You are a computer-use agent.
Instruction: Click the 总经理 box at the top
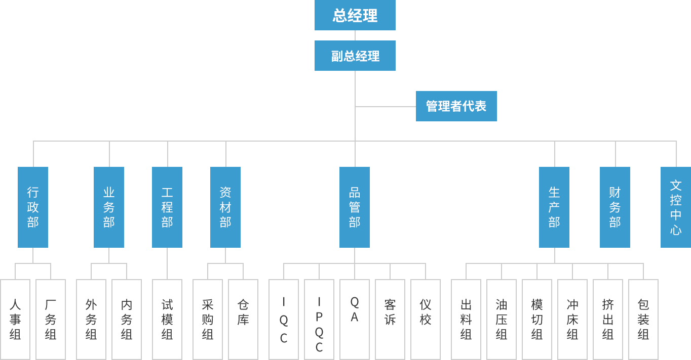click(355, 15)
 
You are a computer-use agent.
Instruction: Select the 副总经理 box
click(355, 56)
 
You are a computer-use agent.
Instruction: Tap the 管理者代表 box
click(456, 106)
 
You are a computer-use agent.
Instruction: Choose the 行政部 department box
click(32, 207)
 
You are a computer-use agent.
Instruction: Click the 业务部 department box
click(108, 207)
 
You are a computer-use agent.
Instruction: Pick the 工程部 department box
click(167, 207)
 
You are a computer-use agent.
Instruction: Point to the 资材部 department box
click(225, 207)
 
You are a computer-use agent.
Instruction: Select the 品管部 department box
click(354, 207)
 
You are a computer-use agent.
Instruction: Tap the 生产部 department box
click(554, 207)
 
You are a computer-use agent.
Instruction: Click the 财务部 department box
click(615, 207)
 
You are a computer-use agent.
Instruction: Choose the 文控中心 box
click(675, 207)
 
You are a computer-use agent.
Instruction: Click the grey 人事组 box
click(15, 319)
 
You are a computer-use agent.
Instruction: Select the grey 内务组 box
click(126, 319)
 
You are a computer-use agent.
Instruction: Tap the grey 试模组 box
click(167, 319)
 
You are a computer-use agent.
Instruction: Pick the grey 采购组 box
click(207, 319)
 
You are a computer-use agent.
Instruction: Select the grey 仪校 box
click(425, 319)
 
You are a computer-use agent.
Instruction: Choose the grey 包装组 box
click(643, 319)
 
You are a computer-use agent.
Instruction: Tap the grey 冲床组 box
click(572, 319)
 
